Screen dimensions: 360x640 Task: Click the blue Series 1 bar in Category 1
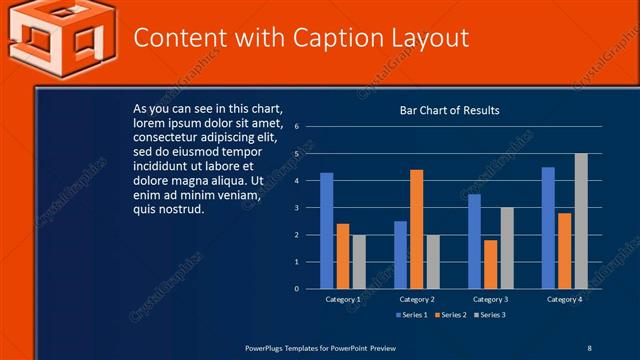click(326, 231)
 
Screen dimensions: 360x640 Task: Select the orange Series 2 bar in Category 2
click(416, 229)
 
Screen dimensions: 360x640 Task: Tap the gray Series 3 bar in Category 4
click(581, 221)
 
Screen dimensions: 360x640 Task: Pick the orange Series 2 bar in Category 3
click(490, 265)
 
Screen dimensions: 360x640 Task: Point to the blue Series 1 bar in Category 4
click(548, 228)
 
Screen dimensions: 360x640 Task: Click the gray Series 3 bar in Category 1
click(359, 262)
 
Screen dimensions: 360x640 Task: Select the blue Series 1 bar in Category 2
click(400, 255)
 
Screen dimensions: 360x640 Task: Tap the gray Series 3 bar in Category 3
click(507, 248)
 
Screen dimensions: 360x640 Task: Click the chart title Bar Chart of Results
click(449, 110)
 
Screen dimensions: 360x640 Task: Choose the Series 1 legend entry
click(411, 316)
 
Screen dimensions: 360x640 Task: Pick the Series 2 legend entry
click(449, 316)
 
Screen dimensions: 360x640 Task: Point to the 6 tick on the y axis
click(297, 127)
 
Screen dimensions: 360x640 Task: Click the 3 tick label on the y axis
click(297, 208)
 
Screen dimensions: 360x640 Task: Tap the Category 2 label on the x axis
click(417, 300)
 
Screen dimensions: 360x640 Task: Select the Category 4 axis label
click(565, 300)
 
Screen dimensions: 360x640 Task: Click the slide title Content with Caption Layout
click(301, 38)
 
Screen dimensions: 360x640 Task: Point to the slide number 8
click(589, 347)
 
